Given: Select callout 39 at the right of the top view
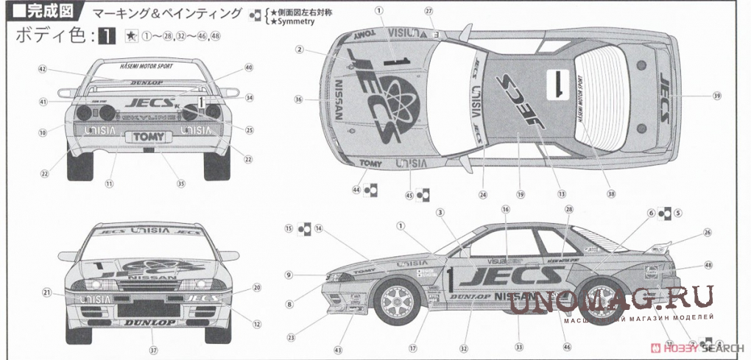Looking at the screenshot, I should click(x=716, y=96).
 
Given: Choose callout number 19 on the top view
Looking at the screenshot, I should click(x=520, y=194).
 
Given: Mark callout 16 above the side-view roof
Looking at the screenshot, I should click(x=506, y=210).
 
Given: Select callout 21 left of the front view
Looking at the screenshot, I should click(x=46, y=293).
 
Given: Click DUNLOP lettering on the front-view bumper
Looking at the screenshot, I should click(x=149, y=322).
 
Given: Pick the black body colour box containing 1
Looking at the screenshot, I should click(x=107, y=35).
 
